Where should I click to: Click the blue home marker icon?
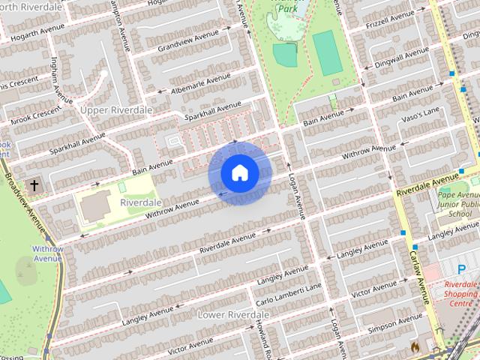tap(239, 173)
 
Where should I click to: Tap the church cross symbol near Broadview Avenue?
tap(33, 184)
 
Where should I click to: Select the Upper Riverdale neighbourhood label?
tap(116, 110)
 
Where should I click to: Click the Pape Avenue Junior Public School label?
tap(457, 202)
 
